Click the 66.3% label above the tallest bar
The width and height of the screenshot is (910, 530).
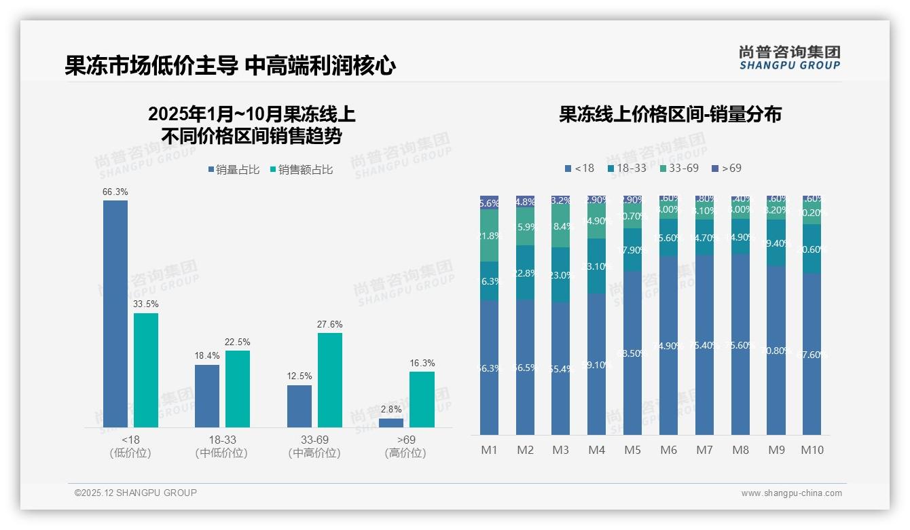click(115, 192)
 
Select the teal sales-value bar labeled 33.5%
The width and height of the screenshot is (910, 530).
click(146, 370)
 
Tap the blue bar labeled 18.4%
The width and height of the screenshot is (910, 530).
click(207, 396)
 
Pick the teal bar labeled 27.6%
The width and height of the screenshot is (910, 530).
click(330, 380)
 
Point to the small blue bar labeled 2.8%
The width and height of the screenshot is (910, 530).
click(391, 423)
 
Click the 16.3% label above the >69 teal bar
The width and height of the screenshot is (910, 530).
click(422, 364)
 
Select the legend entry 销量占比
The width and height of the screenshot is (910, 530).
click(234, 170)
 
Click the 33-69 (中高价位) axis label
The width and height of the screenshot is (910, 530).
click(314, 446)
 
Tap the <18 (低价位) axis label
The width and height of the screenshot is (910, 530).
click(130, 446)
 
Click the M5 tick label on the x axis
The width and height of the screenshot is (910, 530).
click(632, 450)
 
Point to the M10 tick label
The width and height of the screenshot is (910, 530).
click(812, 450)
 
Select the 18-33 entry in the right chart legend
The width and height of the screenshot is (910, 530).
click(627, 168)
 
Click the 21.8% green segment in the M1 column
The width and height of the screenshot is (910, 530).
click(490, 236)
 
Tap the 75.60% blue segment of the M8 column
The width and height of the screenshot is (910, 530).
click(740, 344)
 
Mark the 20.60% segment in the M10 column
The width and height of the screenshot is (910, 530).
click(812, 249)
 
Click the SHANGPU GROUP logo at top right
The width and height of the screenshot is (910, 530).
click(789, 58)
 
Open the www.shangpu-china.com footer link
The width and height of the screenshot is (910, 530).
click(791, 493)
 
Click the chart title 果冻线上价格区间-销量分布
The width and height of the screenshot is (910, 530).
click(670, 114)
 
